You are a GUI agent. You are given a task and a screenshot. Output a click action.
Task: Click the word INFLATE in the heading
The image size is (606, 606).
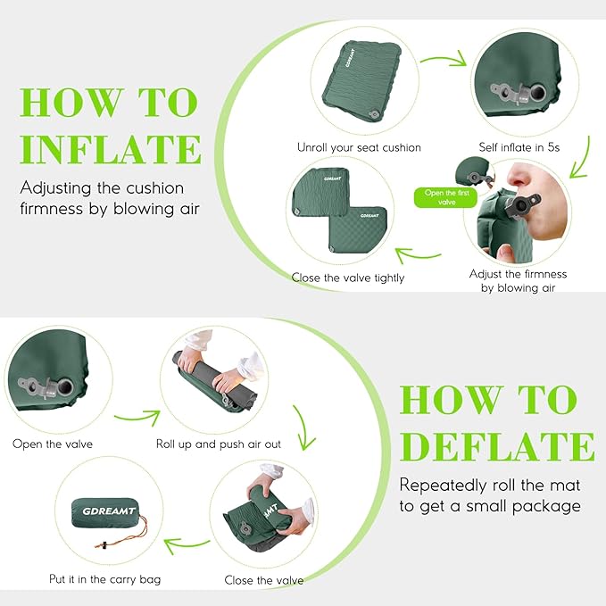click(x=111, y=147)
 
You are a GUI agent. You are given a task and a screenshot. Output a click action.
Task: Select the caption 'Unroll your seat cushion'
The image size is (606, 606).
click(x=359, y=147)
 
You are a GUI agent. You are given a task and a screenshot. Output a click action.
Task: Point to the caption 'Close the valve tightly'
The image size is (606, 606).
click(x=347, y=278)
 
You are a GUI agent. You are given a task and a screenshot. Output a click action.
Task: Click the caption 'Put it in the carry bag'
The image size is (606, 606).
click(x=105, y=579)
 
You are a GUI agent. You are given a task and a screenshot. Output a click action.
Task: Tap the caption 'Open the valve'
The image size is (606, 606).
click(x=52, y=444)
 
